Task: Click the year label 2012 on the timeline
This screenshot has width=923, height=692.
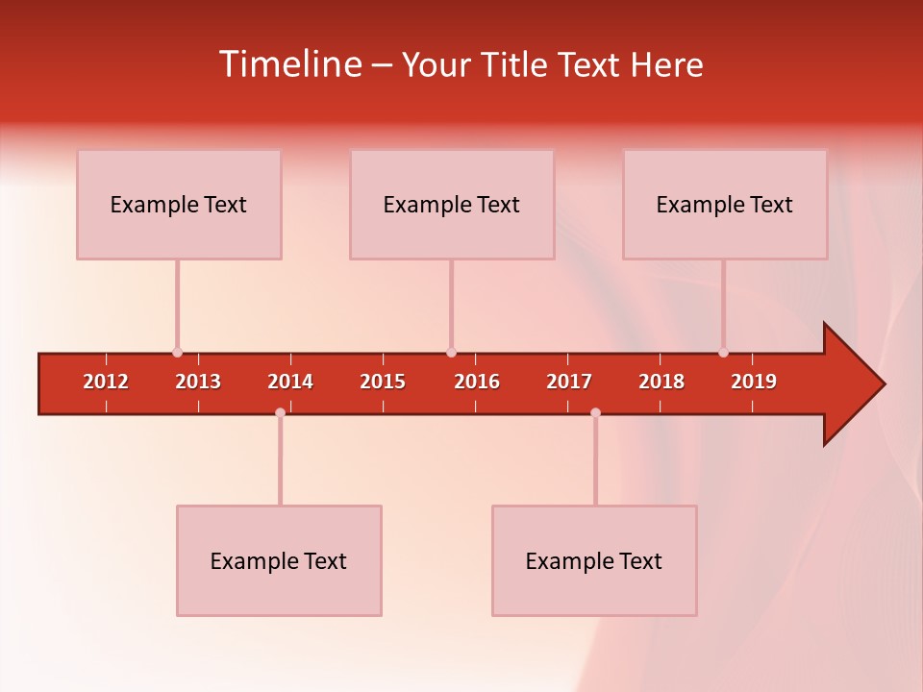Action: pyautogui.click(x=106, y=382)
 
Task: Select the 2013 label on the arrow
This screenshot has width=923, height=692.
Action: pyautogui.click(x=198, y=382)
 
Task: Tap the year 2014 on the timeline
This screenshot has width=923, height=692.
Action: pyautogui.click(x=290, y=382)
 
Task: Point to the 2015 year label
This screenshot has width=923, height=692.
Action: pyautogui.click(x=383, y=382)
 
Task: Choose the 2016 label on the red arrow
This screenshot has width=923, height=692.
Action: pyautogui.click(x=477, y=382)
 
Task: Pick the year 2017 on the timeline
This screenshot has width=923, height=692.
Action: pyautogui.click(x=569, y=382)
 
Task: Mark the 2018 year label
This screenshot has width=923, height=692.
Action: pyautogui.click(x=661, y=382)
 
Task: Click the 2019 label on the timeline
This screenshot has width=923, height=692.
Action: pyautogui.click(x=754, y=382)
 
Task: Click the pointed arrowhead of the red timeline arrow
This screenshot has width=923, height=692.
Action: pyautogui.click(x=861, y=384)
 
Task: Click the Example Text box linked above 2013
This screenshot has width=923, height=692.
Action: pyautogui.click(x=179, y=204)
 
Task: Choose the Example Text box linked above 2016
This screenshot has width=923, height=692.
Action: pyautogui.click(x=452, y=204)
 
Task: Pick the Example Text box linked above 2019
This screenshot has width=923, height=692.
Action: pyautogui.click(x=725, y=204)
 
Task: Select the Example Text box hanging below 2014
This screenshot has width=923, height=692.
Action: pyautogui.click(x=279, y=560)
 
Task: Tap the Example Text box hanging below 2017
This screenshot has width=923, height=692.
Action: pyautogui.click(x=594, y=560)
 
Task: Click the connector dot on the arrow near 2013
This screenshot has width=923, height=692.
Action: pyautogui.click(x=177, y=353)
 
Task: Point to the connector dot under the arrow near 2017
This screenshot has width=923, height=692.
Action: pyautogui.click(x=595, y=413)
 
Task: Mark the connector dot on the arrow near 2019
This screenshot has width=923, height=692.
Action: pyautogui.click(x=723, y=353)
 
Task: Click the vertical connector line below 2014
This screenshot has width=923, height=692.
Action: pyautogui.click(x=280, y=461)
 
